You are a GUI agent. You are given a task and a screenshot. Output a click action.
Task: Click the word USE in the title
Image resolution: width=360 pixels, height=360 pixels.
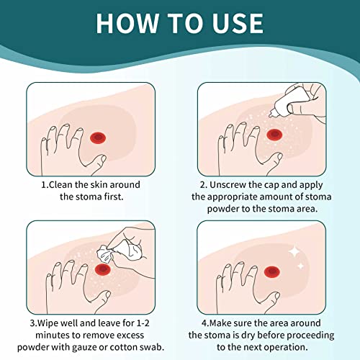[235, 22]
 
